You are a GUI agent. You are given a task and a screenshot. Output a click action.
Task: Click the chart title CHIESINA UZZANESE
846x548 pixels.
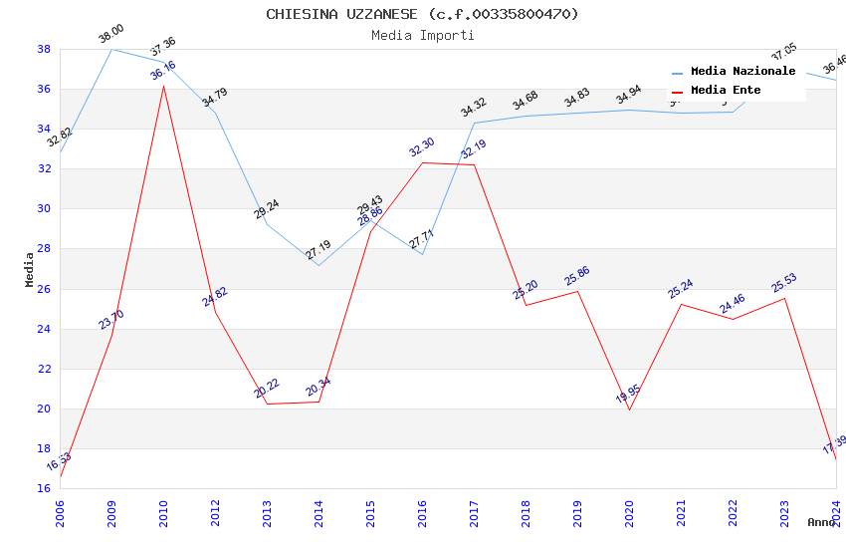pos(422,14)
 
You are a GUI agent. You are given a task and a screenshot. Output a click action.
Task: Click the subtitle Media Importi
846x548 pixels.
pos(422,35)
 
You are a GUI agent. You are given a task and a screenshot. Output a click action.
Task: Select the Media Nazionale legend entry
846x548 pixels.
pos(742,72)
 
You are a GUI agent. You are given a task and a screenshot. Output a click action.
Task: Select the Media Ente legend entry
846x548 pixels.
pos(726,90)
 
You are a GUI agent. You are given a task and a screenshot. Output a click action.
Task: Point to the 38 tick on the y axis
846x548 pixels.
pos(44,49)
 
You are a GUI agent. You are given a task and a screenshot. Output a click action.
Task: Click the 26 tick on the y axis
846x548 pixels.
pos(44,289)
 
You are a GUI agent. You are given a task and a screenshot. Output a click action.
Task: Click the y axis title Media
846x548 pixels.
pos(30,269)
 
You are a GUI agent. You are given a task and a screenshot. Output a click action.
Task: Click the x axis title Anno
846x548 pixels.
pos(821,522)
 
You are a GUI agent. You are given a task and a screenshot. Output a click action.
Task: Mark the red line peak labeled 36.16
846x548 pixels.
pos(163,86)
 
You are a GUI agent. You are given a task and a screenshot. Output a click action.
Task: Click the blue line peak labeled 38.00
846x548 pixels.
pos(111,49)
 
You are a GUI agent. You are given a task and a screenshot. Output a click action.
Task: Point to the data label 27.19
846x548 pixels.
pos(318,249)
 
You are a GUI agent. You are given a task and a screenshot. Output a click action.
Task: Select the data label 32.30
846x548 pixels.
pos(422,147)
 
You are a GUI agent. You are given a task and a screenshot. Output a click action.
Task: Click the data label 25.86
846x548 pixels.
pos(577,276)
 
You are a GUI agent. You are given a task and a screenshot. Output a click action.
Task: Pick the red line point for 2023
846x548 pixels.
pos(784,299)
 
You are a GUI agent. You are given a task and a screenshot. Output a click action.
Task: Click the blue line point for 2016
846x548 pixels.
pos(422,254)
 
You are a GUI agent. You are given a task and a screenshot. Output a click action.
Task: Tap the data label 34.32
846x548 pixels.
pos(474,108)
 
